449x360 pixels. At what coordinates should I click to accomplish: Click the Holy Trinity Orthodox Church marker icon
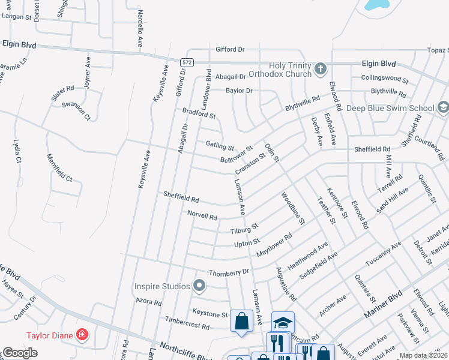321,69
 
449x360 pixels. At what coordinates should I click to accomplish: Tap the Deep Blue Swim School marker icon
443,107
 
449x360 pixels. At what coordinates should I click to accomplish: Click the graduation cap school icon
283,323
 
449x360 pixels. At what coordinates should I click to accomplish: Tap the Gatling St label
220,146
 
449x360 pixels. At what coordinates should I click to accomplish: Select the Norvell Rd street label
202,214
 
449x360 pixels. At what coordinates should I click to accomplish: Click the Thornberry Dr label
229,271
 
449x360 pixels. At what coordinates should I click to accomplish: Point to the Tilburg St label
244,228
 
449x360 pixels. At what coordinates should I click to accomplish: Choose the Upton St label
246,243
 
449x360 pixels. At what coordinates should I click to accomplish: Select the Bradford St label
199,112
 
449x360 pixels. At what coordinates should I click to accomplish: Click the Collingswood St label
384,79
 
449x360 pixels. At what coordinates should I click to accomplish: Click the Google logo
20,353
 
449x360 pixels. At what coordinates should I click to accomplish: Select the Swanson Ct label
79,110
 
